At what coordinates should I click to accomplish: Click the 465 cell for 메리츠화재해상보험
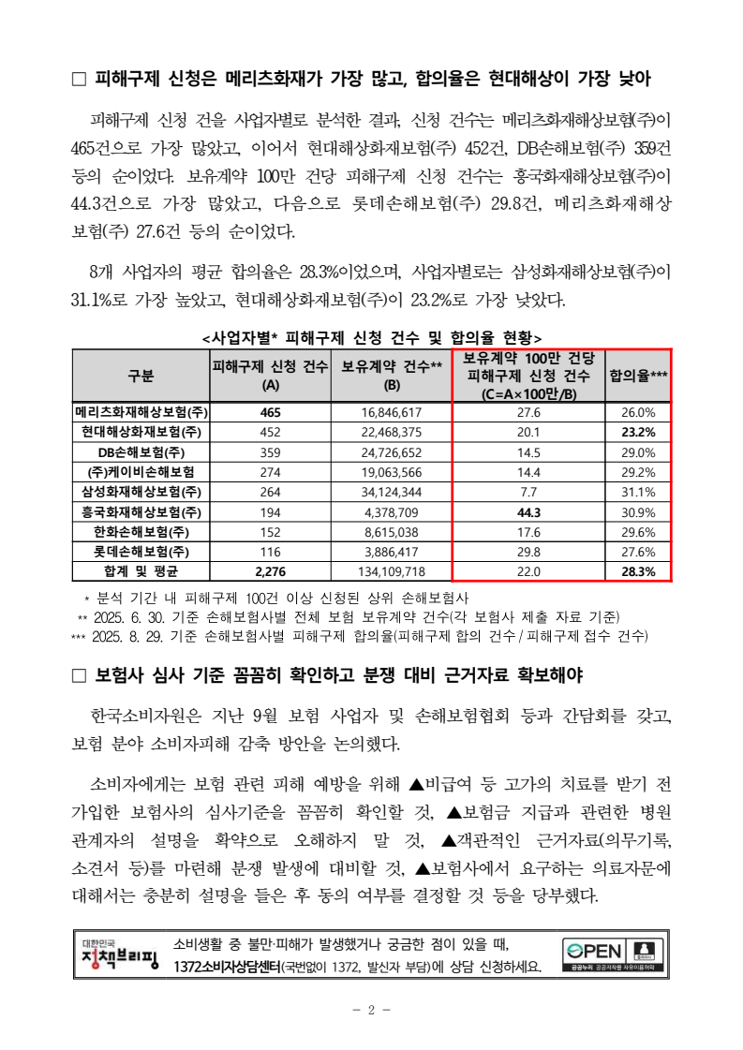click(x=271, y=412)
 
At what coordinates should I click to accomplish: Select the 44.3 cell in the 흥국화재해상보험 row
click(x=529, y=512)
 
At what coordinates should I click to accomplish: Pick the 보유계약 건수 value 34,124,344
click(x=391, y=492)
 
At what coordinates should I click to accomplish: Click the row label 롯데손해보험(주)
click(x=141, y=552)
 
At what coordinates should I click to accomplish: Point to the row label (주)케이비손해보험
click(x=141, y=472)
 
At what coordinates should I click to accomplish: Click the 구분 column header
click(x=141, y=376)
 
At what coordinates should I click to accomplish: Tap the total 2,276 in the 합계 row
click(x=271, y=571)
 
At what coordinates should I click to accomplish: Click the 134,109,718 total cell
click(x=391, y=571)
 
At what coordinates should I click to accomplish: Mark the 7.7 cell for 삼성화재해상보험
click(x=529, y=492)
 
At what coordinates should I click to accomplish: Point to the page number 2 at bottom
click(x=371, y=1010)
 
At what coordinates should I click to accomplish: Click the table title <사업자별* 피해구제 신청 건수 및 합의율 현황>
click(x=371, y=337)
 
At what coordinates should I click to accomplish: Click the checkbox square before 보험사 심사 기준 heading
click(x=80, y=676)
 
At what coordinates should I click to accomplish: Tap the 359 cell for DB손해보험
click(x=271, y=452)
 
